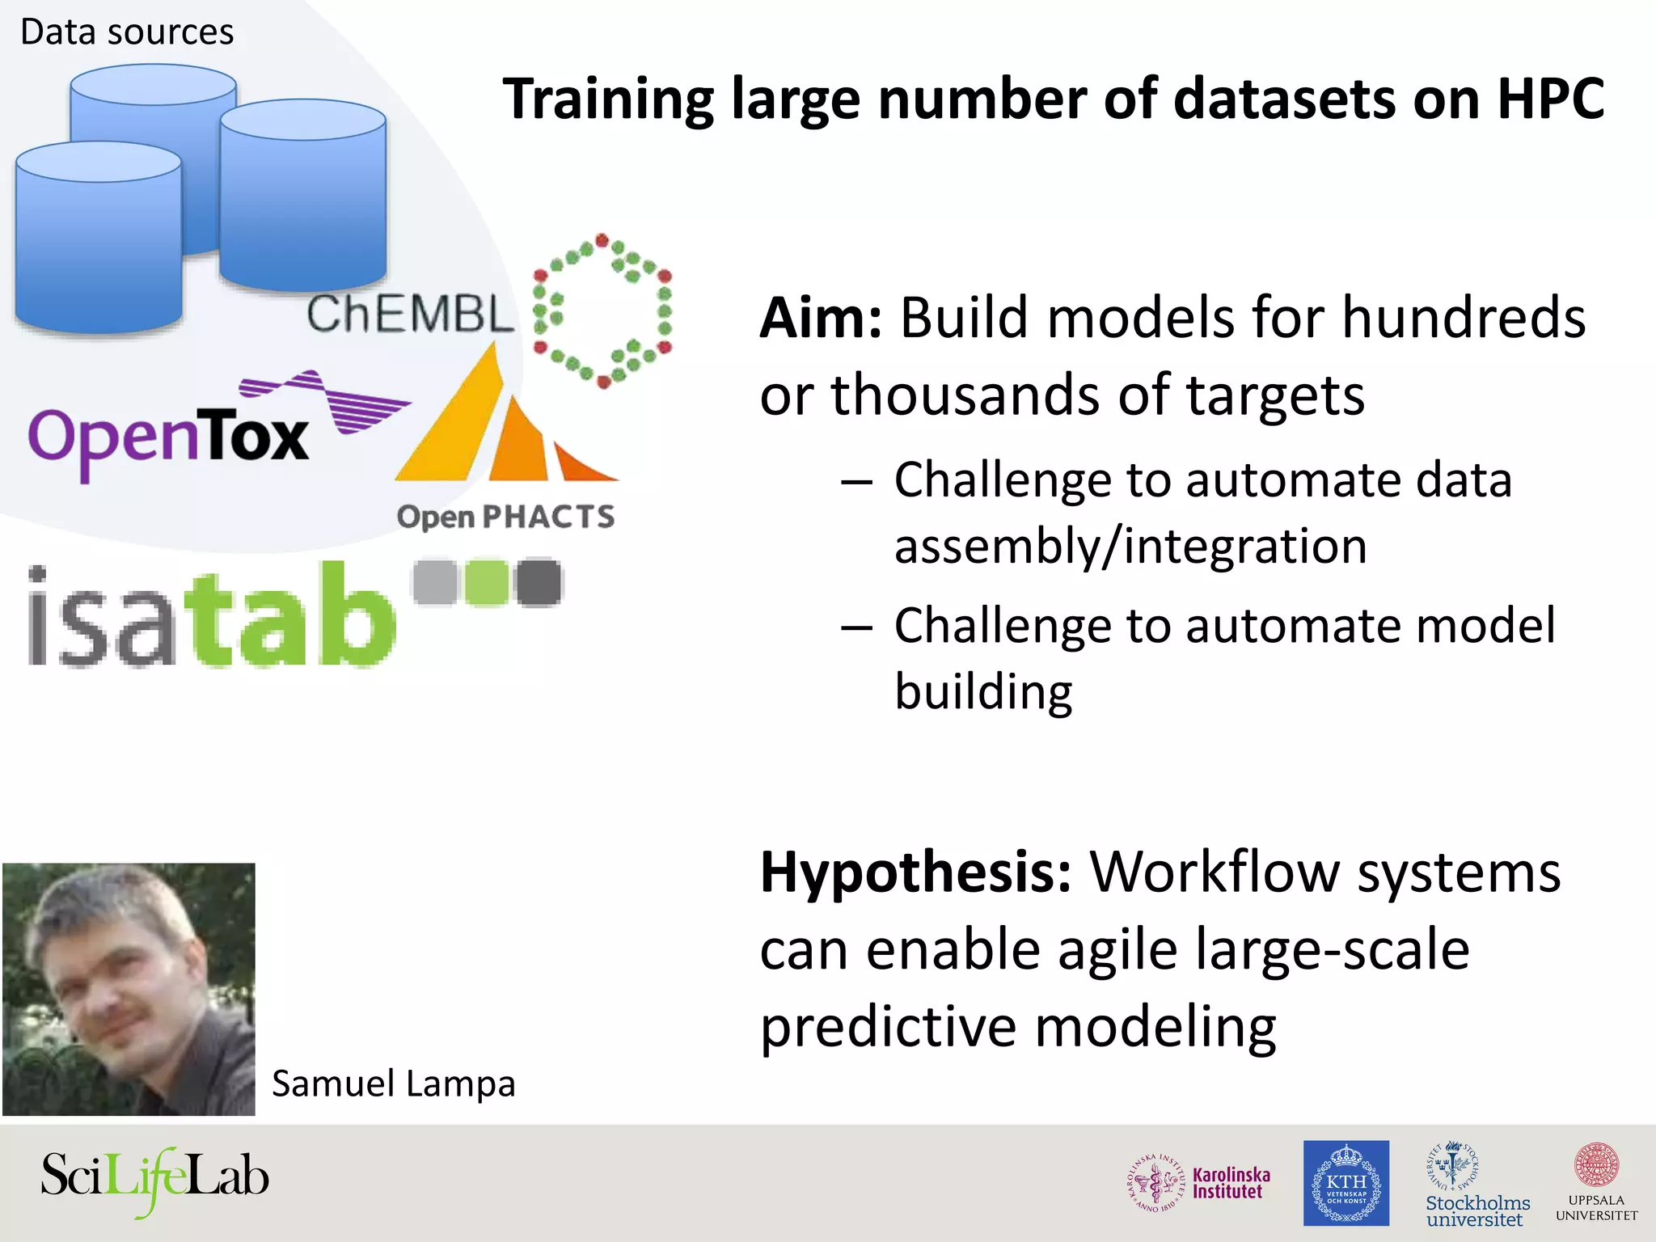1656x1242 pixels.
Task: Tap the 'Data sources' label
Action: click(127, 32)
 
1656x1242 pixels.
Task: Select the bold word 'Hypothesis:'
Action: click(916, 872)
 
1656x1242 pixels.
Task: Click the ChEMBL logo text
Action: click(410, 314)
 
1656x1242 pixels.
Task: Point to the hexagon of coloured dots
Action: click(602, 310)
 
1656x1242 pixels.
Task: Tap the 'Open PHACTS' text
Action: click(505, 517)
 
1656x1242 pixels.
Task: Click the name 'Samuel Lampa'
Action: click(393, 1084)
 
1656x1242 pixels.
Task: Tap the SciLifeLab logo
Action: click(154, 1178)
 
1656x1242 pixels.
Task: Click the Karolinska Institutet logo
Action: click(1199, 1183)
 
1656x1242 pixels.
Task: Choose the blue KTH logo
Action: click(1345, 1183)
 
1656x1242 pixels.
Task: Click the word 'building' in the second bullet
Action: click(983, 692)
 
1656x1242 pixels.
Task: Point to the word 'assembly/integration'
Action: click(1130, 546)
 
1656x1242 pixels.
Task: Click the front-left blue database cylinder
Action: click(99, 243)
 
